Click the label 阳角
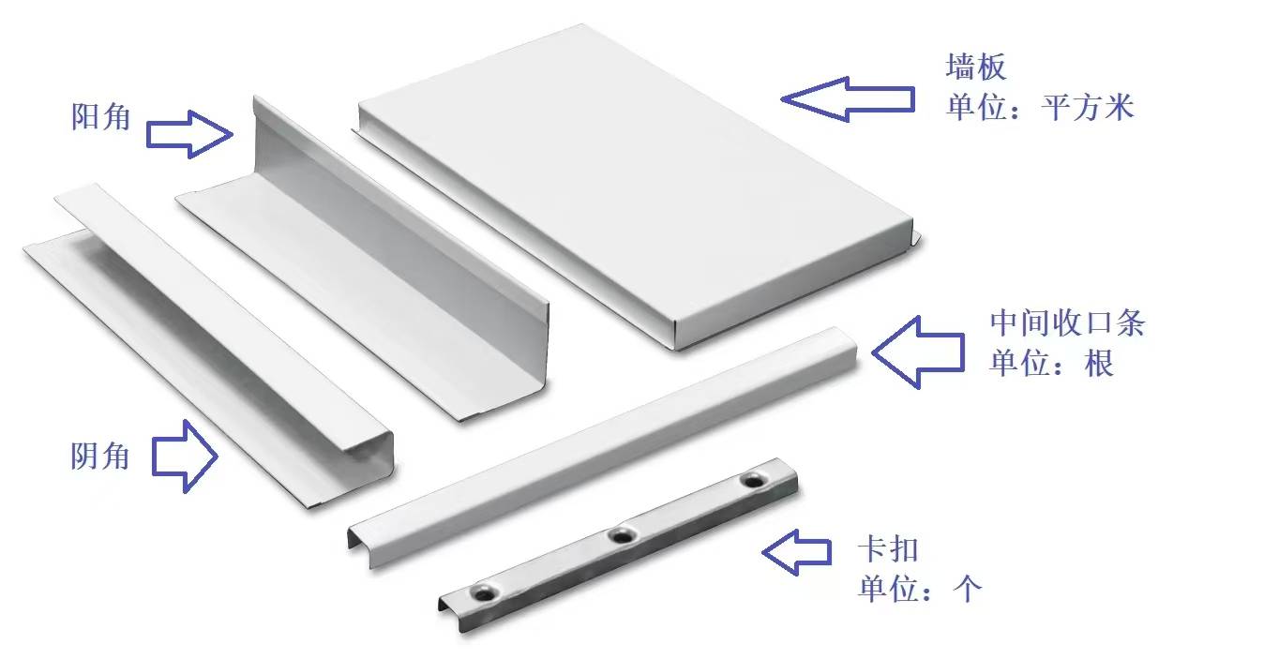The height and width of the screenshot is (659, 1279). click(x=101, y=117)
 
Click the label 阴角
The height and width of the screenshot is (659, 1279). click(x=100, y=457)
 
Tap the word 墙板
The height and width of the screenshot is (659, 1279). click(x=975, y=67)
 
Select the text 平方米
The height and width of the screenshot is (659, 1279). click(x=1087, y=108)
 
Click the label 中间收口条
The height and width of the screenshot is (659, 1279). click(x=1067, y=323)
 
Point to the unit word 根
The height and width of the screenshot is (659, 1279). click(x=1099, y=363)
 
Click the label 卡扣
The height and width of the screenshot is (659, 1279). click(x=888, y=548)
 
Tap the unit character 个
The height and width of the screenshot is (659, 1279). click(x=968, y=588)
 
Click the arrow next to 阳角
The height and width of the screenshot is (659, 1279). click(x=189, y=135)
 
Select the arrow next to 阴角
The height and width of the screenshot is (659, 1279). click(x=185, y=457)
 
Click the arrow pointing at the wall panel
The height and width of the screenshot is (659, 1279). click(x=848, y=99)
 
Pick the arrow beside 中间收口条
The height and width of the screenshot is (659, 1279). click(x=919, y=352)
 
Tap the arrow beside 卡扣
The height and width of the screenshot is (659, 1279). click(x=797, y=552)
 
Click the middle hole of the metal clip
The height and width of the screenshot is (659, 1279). click(x=623, y=535)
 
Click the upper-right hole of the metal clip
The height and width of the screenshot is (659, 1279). click(x=754, y=480)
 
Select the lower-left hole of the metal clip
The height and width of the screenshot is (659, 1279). click(x=485, y=593)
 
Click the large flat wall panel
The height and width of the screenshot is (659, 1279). click(x=634, y=183)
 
